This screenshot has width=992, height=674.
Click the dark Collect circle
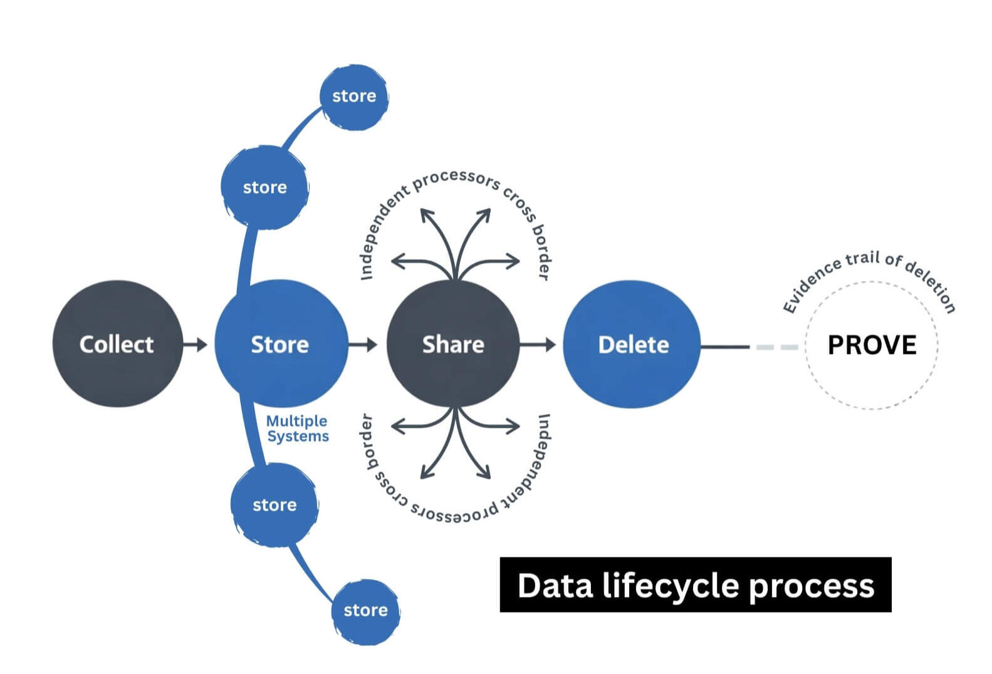pyautogui.click(x=117, y=344)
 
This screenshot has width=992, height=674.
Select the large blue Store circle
pyautogui.click(x=280, y=344)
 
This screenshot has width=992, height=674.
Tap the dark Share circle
pyautogui.click(x=453, y=344)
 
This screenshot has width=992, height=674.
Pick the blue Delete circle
pyautogui.click(x=632, y=345)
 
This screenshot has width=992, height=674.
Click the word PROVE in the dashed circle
pyautogui.click(x=872, y=345)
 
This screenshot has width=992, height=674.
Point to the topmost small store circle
pyautogui.click(x=354, y=96)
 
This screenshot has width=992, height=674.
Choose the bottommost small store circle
pyautogui.click(x=365, y=611)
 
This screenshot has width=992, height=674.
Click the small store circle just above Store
pyautogui.click(x=265, y=187)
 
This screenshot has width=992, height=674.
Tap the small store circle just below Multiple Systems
pyautogui.click(x=274, y=505)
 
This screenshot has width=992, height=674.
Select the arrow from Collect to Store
pyautogui.click(x=196, y=344)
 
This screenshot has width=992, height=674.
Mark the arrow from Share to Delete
pyautogui.click(x=538, y=344)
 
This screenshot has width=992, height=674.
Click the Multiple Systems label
pyautogui.click(x=297, y=428)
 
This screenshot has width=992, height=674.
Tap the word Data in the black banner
pyautogui.click(x=555, y=586)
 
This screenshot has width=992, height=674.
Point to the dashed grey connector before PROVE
pyautogui.click(x=777, y=346)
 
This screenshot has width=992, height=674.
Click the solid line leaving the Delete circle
pyautogui.click(x=725, y=346)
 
